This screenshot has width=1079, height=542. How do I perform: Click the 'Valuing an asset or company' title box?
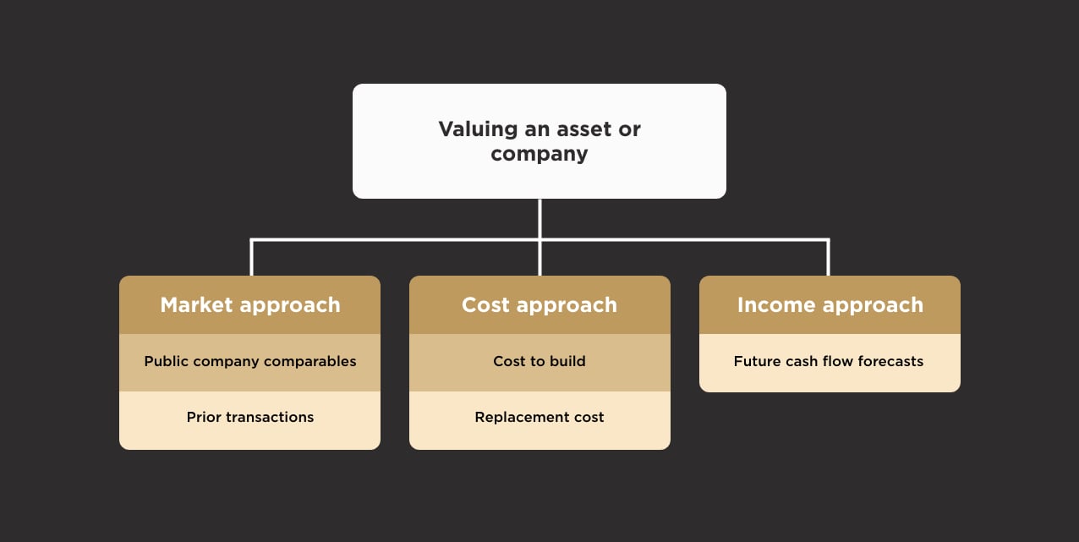539,141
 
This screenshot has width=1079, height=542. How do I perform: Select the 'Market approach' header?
249,305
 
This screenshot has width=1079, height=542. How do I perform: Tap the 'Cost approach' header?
539,305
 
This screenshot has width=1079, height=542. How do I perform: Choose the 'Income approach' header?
830,305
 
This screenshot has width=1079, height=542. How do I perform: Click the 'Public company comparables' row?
249,362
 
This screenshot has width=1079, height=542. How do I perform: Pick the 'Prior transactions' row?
249,418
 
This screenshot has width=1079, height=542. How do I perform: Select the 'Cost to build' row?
539,362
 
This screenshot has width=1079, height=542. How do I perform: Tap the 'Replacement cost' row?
539,418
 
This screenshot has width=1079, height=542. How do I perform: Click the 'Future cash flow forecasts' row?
830,362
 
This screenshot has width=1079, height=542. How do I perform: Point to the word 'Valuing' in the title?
478,129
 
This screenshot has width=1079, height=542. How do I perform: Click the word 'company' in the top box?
539,155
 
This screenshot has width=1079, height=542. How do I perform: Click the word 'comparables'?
312,362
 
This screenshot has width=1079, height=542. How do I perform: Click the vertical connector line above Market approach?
251,259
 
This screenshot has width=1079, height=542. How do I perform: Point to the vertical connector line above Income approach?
828,259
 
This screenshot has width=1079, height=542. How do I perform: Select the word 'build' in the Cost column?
567,362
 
